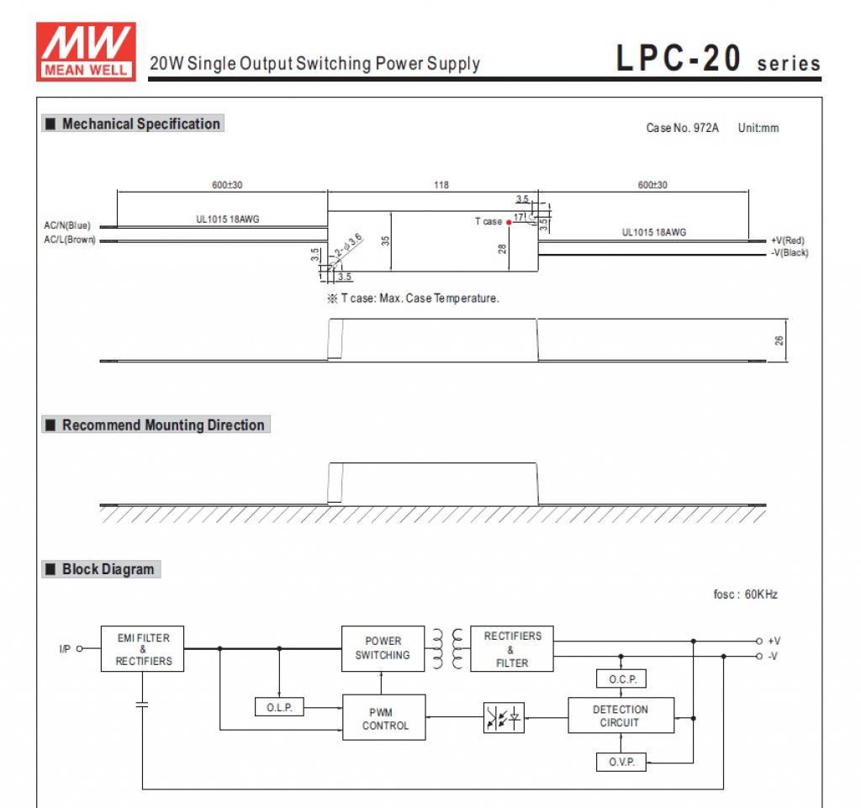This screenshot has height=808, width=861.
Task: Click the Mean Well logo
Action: (x=86, y=51)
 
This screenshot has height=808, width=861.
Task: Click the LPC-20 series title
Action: (x=718, y=60)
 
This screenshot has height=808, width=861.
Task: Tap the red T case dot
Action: (x=509, y=222)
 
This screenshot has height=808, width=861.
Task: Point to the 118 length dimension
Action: (x=441, y=185)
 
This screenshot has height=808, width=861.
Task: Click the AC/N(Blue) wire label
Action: (x=67, y=225)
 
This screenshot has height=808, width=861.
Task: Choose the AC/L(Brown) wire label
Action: (x=70, y=240)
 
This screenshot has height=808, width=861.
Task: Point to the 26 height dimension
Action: (x=779, y=341)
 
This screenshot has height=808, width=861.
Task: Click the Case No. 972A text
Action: (x=682, y=128)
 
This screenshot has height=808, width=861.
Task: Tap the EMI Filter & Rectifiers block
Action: (x=142, y=649)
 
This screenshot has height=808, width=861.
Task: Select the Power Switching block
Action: (x=383, y=648)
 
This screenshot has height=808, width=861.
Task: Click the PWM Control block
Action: (x=384, y=718)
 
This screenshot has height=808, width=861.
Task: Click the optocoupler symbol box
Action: (x=503, y=717)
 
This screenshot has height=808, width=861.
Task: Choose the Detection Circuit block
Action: (x=621, y=716)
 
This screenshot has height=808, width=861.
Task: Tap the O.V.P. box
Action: (x=621, y=763)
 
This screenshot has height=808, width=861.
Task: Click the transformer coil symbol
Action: (x=447, y=648)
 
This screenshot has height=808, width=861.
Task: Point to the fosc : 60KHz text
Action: (x=745, y=594)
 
